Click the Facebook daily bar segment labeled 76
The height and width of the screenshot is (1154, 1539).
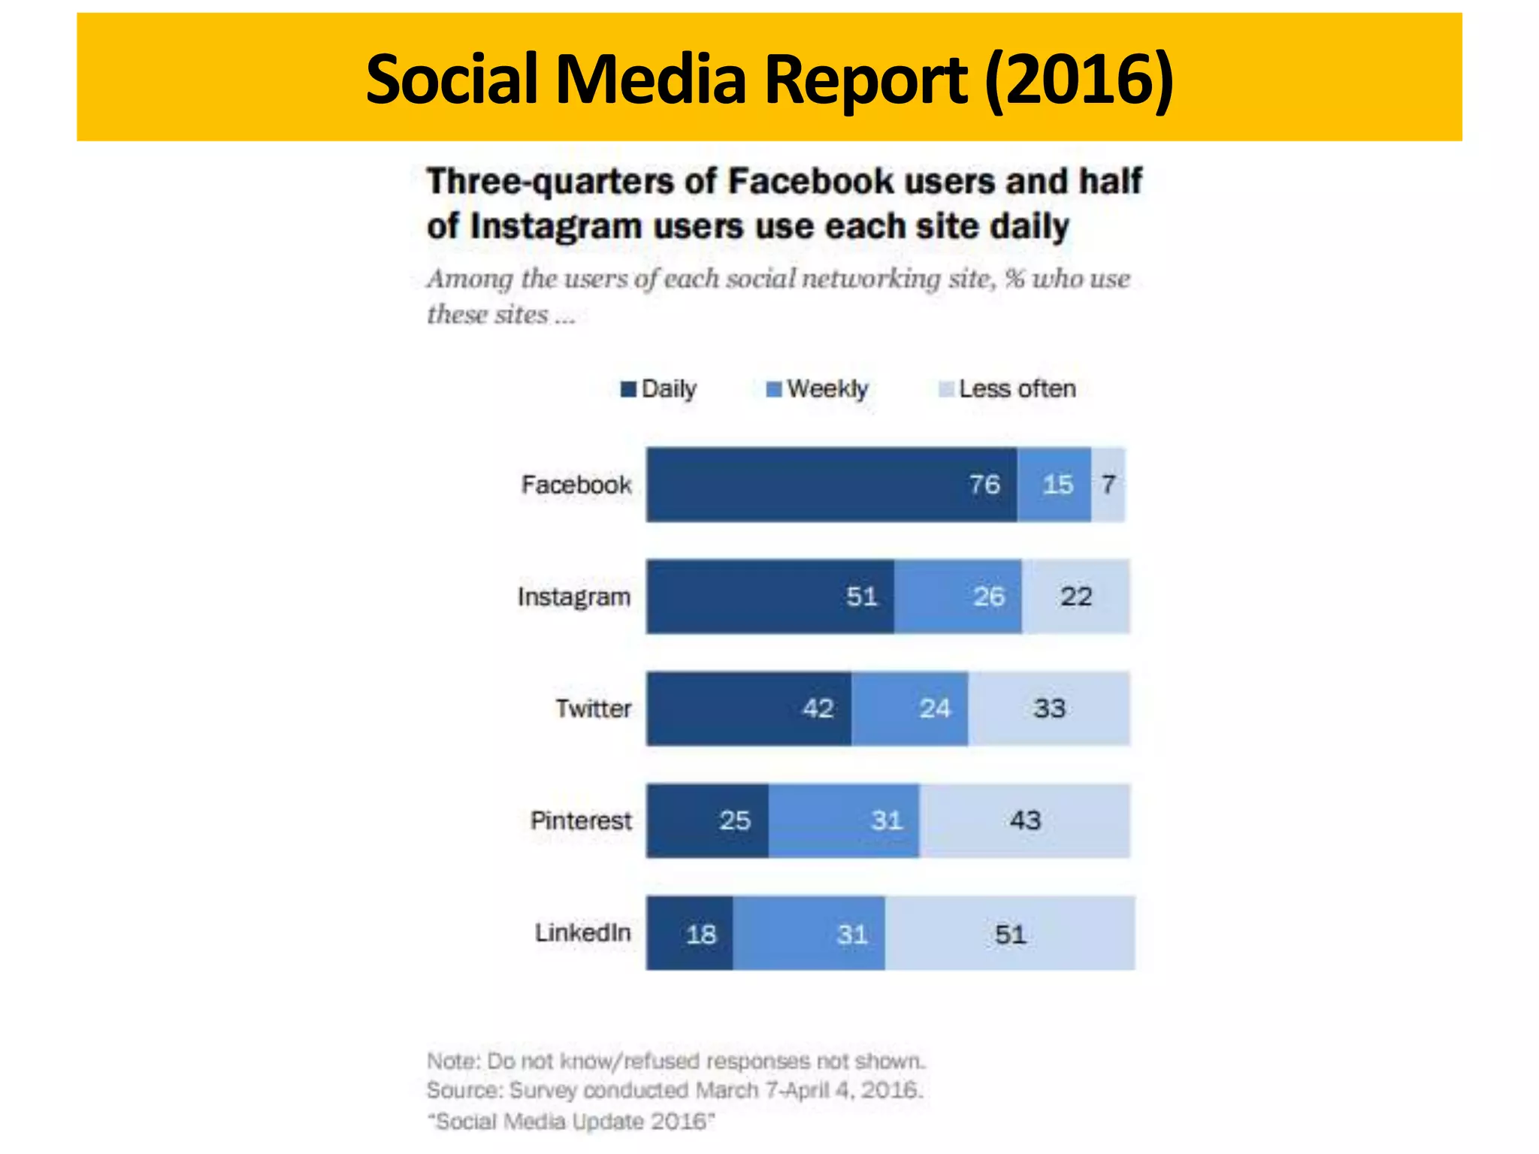click(x=831, y=485)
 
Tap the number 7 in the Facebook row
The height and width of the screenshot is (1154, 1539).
click(x=1108, y=485)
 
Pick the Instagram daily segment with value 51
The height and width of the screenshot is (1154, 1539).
click(x=770, y=597)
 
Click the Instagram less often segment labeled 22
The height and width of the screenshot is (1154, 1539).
click(x=1075, y=597)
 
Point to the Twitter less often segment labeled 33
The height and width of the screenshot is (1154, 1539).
click(x=1049, y=708)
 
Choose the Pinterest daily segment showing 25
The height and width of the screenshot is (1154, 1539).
click(x=707, y=820)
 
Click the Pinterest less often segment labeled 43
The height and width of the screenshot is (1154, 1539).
click(x=1024, y=820)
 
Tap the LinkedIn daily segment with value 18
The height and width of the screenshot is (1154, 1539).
click(x=690, y=933)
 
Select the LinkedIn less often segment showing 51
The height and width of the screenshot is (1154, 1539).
click(x=1010, y=933)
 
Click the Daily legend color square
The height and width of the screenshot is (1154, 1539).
click(x=628, y=389)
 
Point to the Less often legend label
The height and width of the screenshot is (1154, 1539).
click(x=1017, y=389)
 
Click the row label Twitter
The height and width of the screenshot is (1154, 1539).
click(x=593, y=708)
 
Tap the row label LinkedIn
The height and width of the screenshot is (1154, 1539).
click(x=582, y=932)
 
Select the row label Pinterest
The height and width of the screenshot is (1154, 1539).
click(x=581, y=820)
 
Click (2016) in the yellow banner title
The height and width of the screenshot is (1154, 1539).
click(x=1079, y=79)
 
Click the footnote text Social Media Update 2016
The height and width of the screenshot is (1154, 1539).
click(x=571, y=1122)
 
